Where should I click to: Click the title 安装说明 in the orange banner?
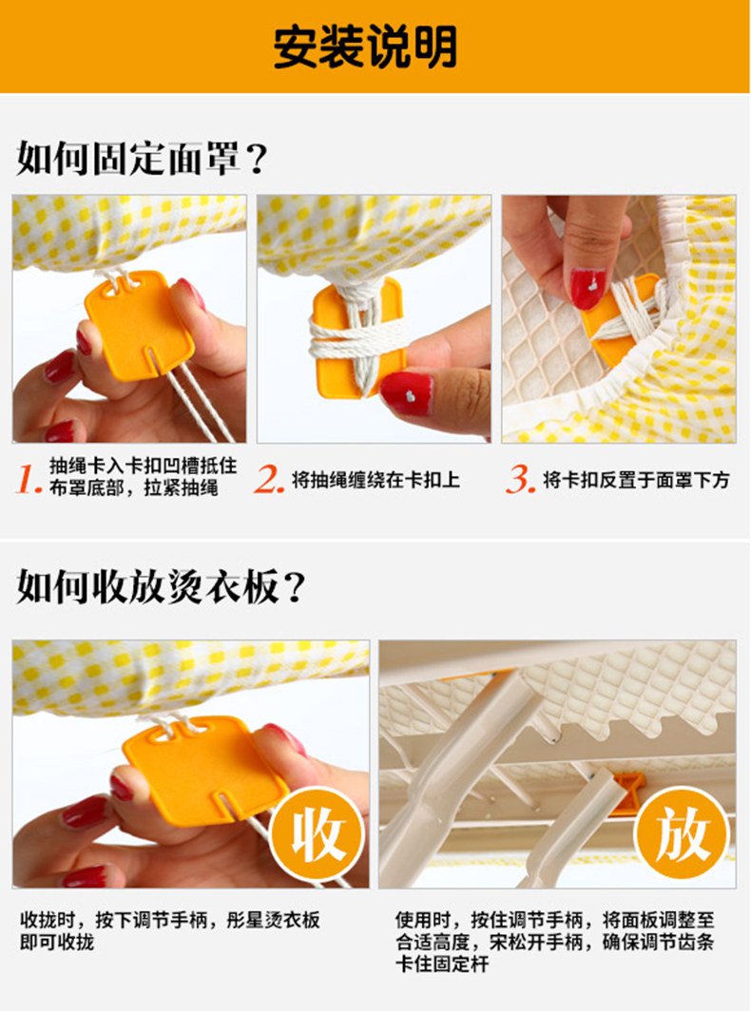point(365,47)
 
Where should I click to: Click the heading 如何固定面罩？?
point(142,158)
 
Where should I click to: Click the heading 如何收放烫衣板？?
point(161,586)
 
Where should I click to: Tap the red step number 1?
point(29,479)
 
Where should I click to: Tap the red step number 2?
point(269,479)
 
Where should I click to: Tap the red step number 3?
point(521,479)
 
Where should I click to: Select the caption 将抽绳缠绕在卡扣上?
point(376,480)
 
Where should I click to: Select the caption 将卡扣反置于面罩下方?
point(636,480)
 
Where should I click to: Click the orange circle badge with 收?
point(318,835)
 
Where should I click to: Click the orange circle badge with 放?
point(682,834)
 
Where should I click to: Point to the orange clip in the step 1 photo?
point(139,325)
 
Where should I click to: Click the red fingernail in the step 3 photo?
point(587,288)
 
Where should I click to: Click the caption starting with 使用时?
point(555,942)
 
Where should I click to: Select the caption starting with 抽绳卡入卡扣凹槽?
point(143,477)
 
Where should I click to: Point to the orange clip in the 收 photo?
point(205,770)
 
